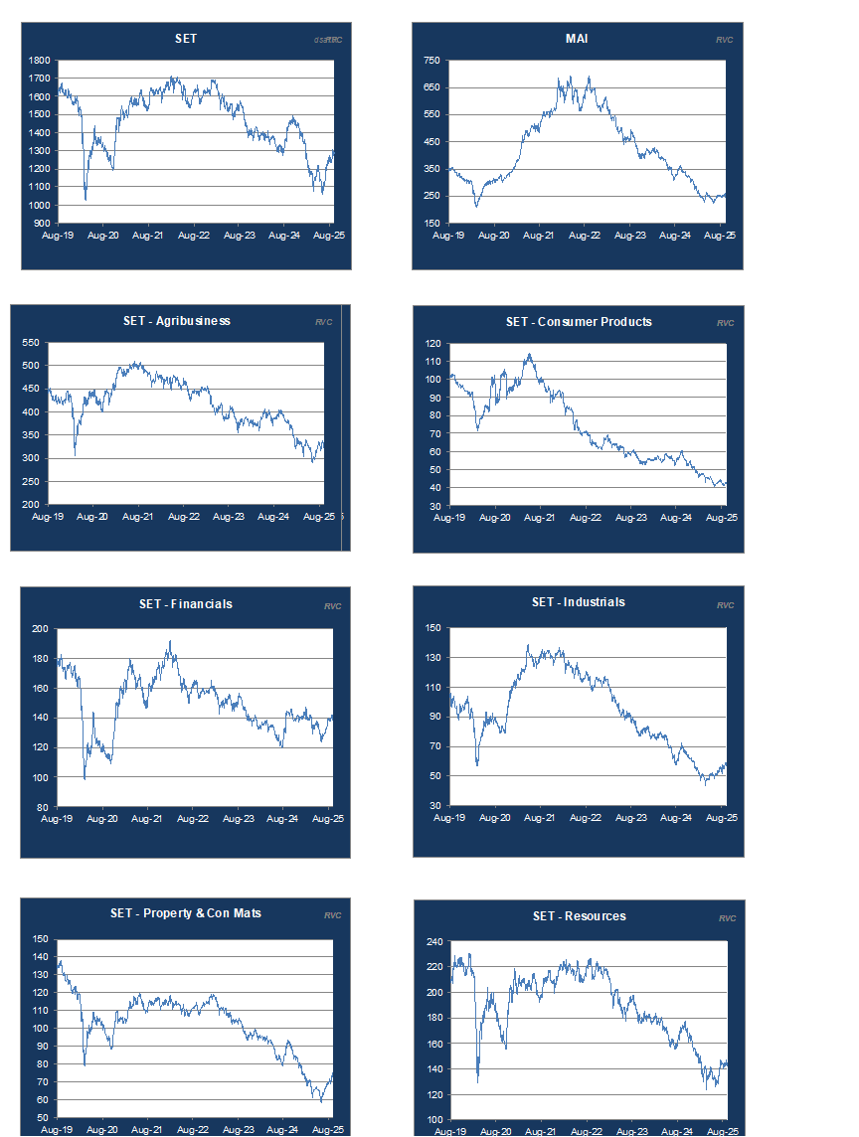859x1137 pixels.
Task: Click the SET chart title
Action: click(x=186, y=39)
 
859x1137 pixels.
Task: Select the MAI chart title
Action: click(x=577, y=39)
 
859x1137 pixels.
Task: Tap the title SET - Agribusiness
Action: click(x=177, y=321)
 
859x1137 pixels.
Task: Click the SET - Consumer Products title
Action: click(x=579, y=322)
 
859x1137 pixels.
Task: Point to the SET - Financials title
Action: click(x=186, y=604)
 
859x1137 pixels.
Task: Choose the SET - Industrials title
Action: click(x=579, y=602)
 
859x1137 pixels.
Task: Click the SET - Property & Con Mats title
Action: click(x=186, y=913)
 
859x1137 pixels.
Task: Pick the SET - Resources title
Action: click(x=580, y=916)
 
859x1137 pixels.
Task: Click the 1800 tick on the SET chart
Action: click(x=40, y=61)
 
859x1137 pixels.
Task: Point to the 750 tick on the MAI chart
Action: click(x=431, y=61)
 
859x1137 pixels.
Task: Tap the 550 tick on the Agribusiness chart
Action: click(x=30, y=343)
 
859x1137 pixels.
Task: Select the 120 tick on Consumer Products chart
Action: click(x=432, y=344)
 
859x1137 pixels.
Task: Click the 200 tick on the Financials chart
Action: click(x=40, y=629)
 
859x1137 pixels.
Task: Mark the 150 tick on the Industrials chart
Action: click(x=432, y=628)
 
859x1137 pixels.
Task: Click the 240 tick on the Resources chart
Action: click(x=432, y=942)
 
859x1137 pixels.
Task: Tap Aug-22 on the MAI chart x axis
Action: click(x=585, y=237)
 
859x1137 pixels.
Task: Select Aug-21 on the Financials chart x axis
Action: click(x=146, y=819)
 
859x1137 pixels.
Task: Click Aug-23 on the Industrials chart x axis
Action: click(x=630, y=818)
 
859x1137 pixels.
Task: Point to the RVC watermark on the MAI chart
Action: click(x=724, y=41)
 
